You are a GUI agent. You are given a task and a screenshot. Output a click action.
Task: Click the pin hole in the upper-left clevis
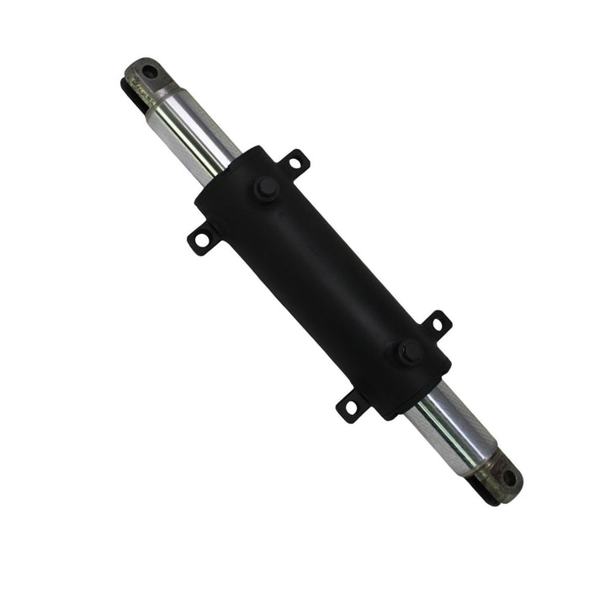[149, 72]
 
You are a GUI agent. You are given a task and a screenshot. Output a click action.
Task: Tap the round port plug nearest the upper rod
[266, 188]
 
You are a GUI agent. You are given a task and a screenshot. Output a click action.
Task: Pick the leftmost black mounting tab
[200, 240]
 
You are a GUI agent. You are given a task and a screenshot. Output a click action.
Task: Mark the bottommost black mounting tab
[351, 406]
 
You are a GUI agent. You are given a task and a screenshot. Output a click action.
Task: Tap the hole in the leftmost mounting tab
[199, 241]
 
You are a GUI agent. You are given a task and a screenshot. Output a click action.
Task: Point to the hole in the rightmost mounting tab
[437, 323]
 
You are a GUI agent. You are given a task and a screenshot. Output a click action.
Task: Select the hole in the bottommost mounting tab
[351, 408]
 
